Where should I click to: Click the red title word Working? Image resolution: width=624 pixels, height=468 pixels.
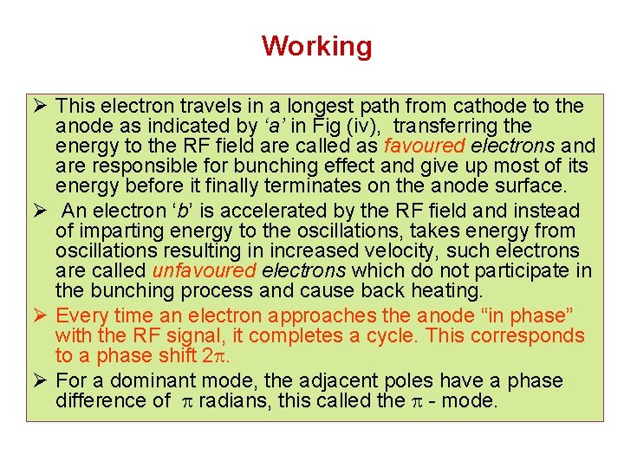(316, 46)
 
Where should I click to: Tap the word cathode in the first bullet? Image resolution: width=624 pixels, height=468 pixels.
(492, 107)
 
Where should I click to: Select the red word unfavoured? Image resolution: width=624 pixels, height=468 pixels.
(204, 271)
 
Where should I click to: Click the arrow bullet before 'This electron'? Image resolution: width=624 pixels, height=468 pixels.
(38, 107)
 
